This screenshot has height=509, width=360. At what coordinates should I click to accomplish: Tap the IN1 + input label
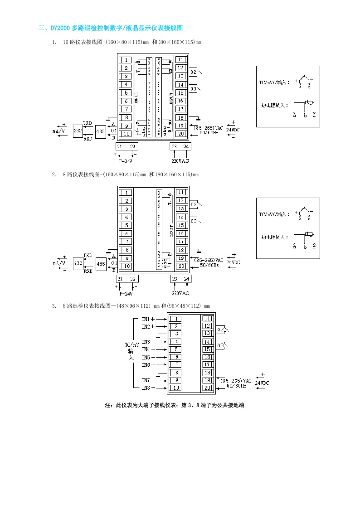tap(148, 319)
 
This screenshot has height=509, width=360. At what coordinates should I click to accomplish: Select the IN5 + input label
tap(148, 357)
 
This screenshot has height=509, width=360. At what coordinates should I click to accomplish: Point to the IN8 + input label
tap(148, 388)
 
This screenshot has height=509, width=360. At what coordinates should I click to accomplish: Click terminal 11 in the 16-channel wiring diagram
tap(180, 60)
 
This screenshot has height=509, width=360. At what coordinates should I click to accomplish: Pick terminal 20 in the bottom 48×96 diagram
tap(207, 388)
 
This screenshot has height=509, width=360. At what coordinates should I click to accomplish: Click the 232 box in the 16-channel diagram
tap(78, 131)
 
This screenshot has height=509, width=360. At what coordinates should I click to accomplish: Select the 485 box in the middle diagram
tap(101, 263)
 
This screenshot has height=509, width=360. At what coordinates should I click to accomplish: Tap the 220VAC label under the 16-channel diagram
tap(180, 161)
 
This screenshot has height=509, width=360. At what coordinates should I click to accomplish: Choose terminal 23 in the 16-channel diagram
tap(175, 146)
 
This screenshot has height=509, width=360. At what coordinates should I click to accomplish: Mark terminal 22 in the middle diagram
tap(132, 279)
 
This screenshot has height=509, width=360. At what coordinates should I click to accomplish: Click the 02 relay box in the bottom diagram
tap(221, 330)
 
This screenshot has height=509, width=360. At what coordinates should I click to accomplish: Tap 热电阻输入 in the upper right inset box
tap(275, 105)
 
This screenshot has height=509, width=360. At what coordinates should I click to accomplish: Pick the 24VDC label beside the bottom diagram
tap(262, 383)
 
